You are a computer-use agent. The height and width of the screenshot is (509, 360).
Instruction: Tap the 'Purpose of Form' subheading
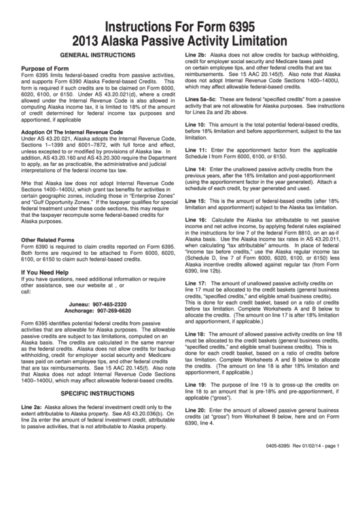click(46, 69)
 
